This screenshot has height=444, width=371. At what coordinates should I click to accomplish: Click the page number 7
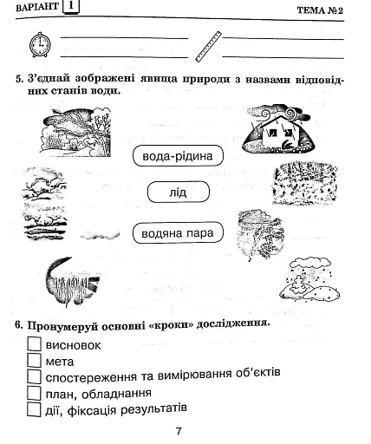(178, 431)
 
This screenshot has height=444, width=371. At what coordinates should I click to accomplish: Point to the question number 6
(18, 324)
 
